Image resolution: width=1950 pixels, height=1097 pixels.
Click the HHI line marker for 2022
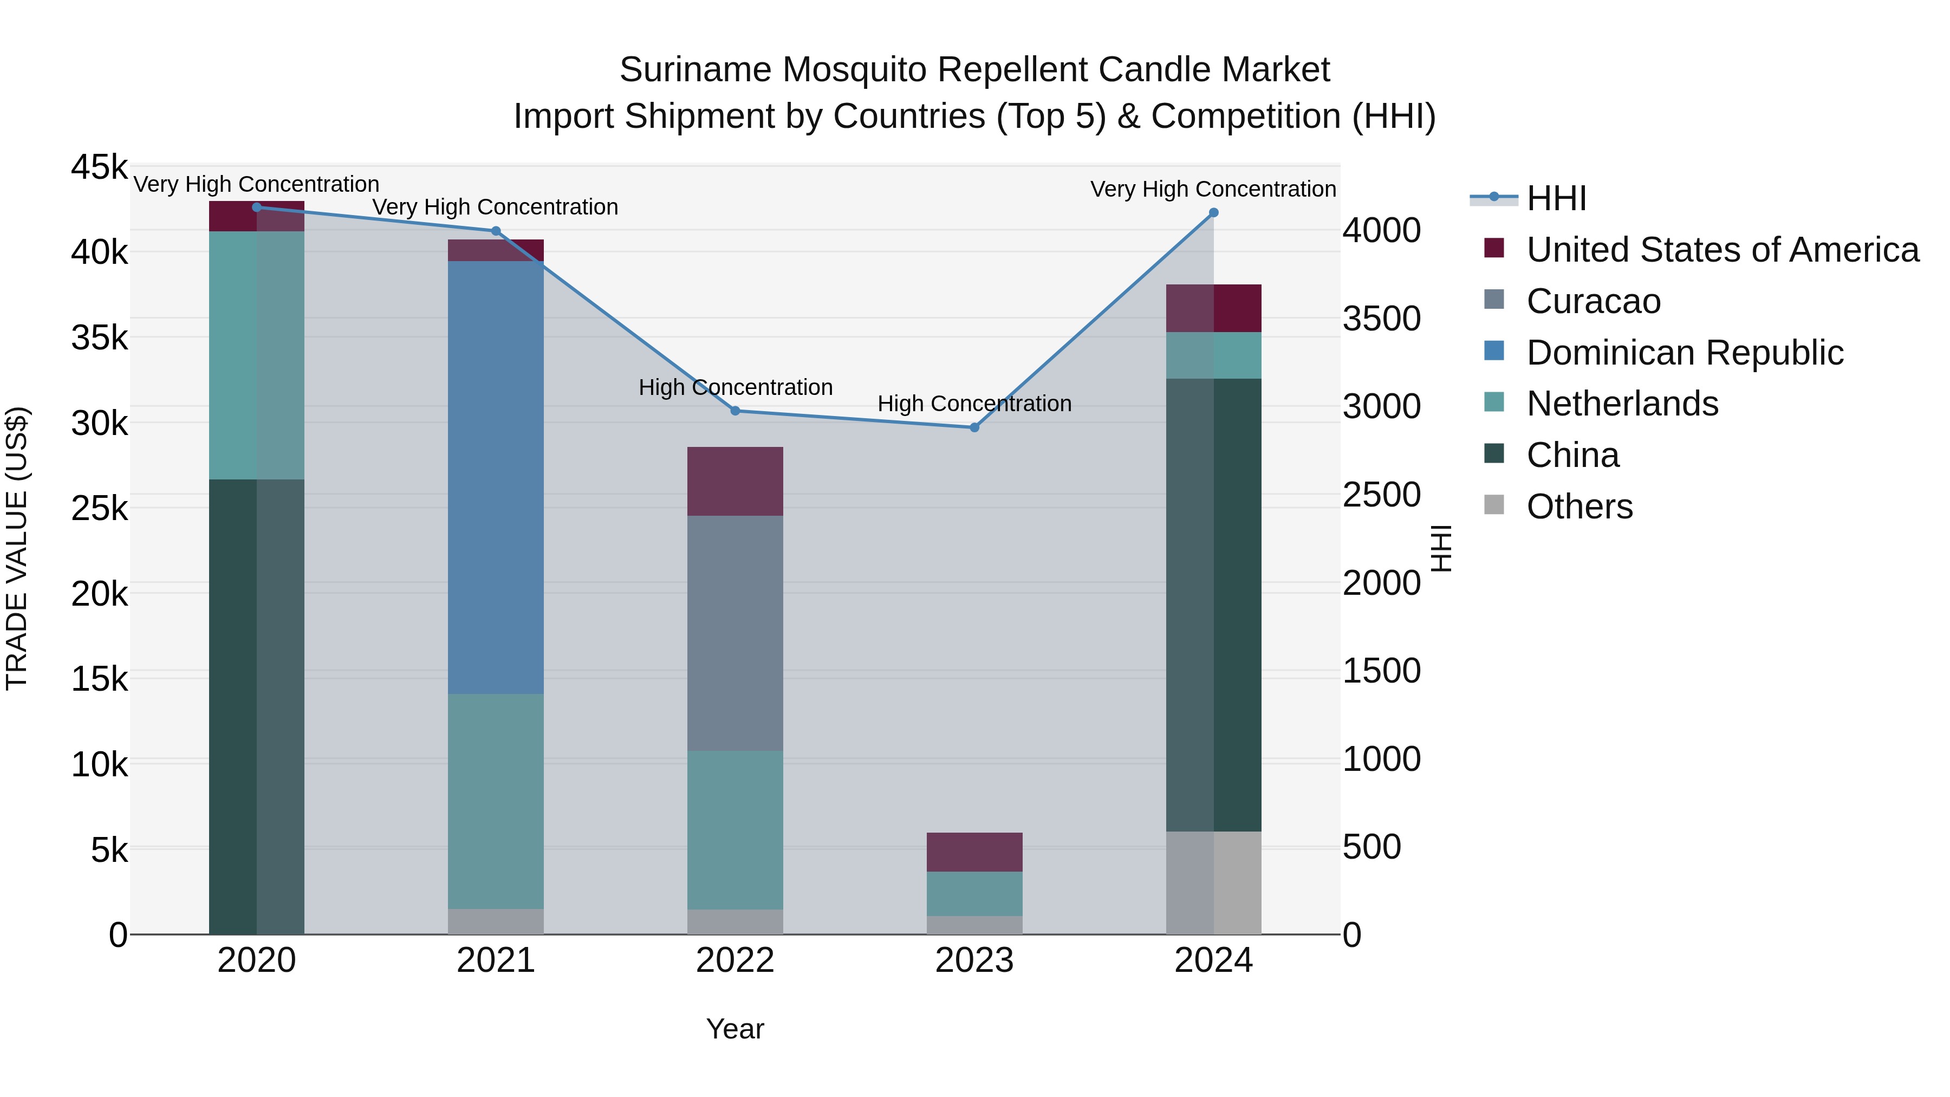tap(735, 411)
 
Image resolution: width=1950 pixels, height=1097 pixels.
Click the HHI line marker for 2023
tap(974, 428)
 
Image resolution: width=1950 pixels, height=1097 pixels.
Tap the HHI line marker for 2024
tap(1213, 213)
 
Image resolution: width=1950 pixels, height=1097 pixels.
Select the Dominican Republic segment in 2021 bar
tap(496, 477)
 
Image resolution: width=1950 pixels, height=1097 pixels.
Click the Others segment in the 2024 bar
tap(1213, 883)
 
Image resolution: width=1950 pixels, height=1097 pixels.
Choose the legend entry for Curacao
tap(1594, 301)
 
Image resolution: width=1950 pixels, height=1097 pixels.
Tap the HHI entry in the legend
tap(1556, 198)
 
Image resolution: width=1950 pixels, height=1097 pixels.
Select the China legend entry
tap(1572, 456)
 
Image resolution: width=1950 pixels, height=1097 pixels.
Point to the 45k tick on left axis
tap(99, 167)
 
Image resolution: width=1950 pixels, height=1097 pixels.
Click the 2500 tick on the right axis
tap(1381, 495)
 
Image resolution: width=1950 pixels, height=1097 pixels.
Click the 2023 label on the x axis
tap(974, 960)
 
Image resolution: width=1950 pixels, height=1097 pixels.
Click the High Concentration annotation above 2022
tap(735, 388)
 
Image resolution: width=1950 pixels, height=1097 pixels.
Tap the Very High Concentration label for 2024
tap(1213, 189)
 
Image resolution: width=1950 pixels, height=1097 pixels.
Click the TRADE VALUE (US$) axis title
tap(17, 548)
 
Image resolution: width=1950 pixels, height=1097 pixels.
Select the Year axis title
tap(735, 1029)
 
